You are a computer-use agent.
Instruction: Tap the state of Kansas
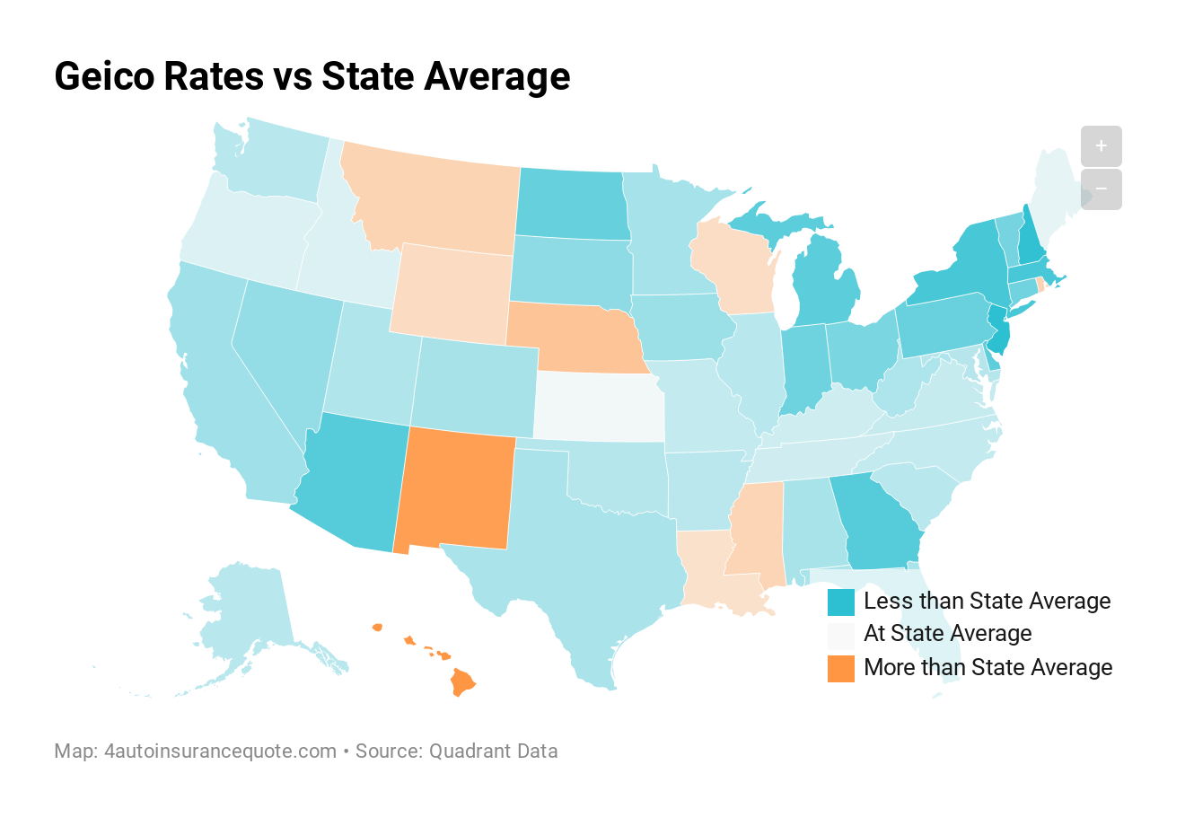click(x=600, y=407)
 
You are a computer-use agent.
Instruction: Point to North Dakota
click(x=571, y=205)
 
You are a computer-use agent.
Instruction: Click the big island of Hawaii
click(x=462, y=682)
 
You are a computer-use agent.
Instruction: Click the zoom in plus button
click(x=1101, y=145)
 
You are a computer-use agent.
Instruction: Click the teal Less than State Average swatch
click(x=840, y=602)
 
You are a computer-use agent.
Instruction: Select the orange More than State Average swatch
click(x=840, y=668)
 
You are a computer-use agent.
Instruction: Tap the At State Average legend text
click(x=947, y=634)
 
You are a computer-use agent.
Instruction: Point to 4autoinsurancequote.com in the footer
click(x=220, y=751)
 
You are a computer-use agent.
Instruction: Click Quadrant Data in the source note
click(x=493, y=751)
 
